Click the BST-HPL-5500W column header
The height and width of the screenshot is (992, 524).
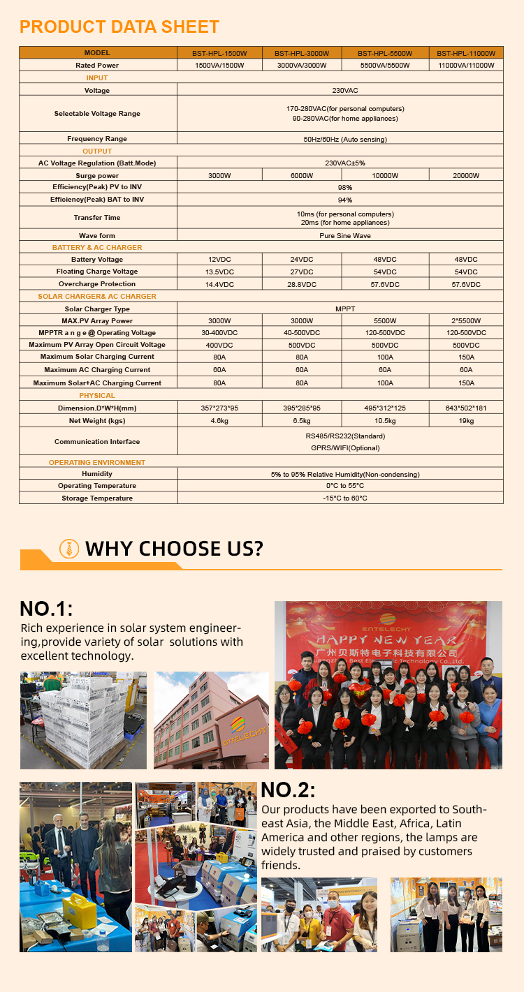point(385,53)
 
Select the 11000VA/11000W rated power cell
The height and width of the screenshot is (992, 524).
point(466,65)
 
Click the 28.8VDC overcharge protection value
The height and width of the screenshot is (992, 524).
point(301,284)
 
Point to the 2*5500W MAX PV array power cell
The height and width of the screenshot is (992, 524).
point(466,320)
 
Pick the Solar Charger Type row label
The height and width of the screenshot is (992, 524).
point(97,309)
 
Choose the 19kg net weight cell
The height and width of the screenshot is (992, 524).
point(466,421)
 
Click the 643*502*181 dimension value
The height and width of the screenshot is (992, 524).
point(466,408)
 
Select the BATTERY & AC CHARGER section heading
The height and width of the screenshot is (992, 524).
point(97,248)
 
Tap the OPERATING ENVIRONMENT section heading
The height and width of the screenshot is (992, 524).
point(97,462)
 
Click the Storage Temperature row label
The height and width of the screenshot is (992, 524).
point(97,498)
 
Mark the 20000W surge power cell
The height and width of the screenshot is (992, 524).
point(466,175)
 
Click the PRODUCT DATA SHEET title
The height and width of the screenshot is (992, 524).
point(119,27)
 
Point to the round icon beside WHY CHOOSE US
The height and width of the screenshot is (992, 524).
point(69,548)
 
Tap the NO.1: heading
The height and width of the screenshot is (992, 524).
point(46,608)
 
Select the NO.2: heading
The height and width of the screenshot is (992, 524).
point(288,790)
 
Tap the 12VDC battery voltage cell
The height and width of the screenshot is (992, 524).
point(219,260)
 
